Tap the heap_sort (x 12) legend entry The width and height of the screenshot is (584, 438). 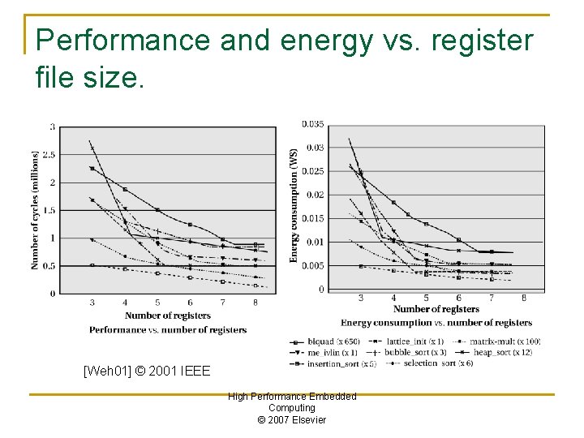point(497,352)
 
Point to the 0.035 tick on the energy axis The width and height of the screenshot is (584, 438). point(313,124)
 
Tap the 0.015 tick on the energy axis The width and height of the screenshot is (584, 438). point(313,219)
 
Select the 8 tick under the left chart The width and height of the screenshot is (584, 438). point(255,303)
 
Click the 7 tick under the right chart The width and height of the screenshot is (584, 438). point(492,298)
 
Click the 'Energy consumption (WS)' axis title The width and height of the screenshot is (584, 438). point(294,204)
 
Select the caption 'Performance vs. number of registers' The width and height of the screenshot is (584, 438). point(168,329)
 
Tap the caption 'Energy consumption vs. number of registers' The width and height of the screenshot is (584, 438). point(436,323)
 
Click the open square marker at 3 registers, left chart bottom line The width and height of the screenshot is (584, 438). point(92,265)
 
